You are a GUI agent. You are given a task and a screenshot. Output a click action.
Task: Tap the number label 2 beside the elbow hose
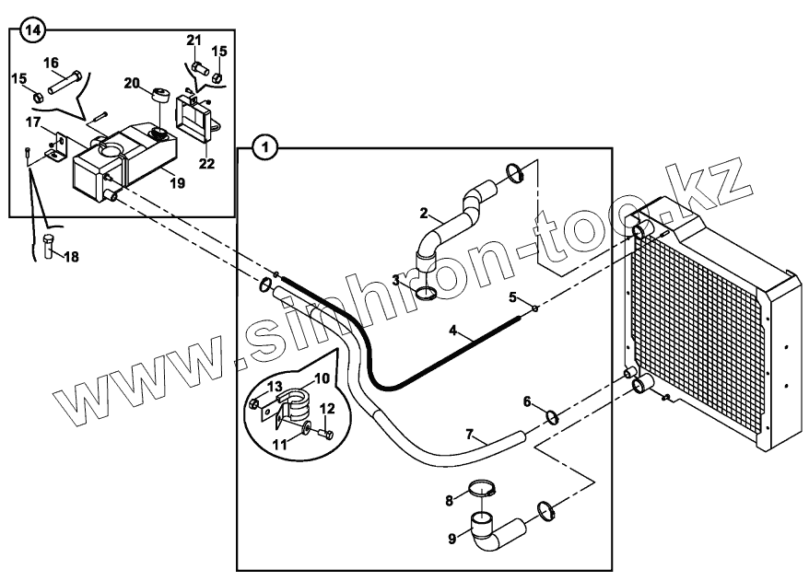point(424,214)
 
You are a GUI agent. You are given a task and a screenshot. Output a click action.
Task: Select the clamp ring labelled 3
point(426,294)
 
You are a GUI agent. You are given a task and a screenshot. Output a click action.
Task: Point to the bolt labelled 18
point(48,247)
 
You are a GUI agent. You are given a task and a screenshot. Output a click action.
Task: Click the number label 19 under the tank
point(177,183)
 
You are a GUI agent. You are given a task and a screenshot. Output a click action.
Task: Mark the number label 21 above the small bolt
point(193,40)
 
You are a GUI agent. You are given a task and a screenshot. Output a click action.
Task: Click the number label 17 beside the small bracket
point(33,122)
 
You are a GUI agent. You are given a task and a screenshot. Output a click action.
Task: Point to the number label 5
point(514,297)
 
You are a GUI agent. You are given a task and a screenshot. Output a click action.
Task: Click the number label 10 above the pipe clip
point(322,379)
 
